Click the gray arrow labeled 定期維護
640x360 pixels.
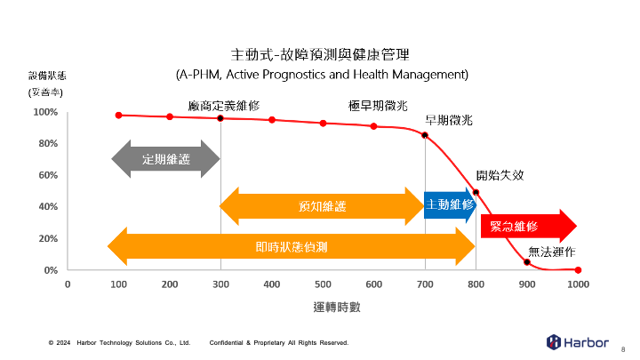coord(165,159)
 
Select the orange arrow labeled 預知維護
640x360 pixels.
coord(322,206)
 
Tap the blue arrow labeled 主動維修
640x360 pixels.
coord(450,204)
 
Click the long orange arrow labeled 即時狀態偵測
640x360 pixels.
coord(292,246)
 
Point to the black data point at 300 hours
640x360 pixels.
coord(220,118)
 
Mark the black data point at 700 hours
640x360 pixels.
coord(425,135)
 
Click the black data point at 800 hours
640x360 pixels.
coord(476,192)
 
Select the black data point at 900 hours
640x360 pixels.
coord(527,262)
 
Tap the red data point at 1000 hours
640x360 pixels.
coord(578,270)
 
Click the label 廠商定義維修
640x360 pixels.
coord(224,105)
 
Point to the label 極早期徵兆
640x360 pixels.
coord(378,105)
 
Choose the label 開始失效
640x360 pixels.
coord(500,175)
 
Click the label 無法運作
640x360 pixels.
coord(551,252)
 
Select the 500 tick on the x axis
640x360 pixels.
coord(323,284)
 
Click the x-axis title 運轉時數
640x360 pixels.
coord(336,307)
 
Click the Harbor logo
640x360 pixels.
coord(577,341)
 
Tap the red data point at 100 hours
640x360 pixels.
coord(118,115)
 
